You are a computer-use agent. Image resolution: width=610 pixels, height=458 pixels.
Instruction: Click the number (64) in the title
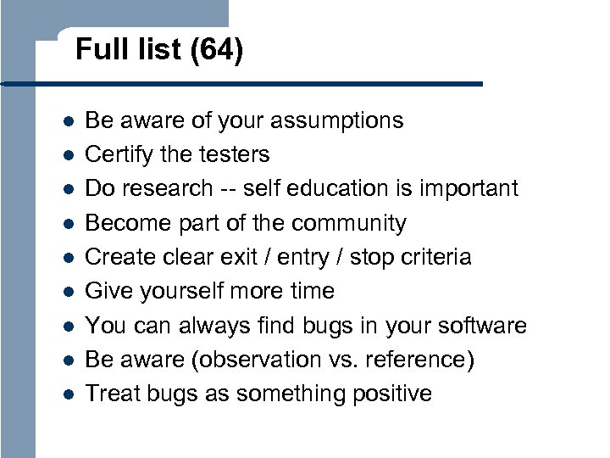216,51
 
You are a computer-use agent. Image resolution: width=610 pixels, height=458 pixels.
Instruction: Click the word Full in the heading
95,51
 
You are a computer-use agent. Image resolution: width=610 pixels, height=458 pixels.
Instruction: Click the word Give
107,291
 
